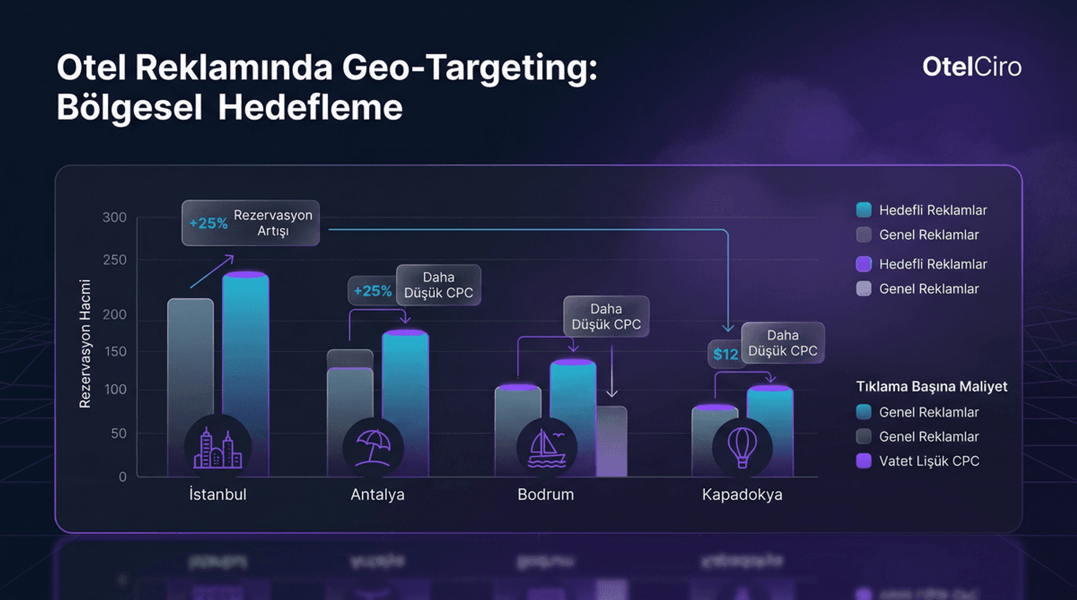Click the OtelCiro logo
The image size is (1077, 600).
click(972, 67)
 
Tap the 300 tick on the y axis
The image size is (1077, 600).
click(114, 218)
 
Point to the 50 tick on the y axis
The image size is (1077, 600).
click(118, 433)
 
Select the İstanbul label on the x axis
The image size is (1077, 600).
click(218, 495)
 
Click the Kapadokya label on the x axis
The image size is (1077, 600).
click(742, 495)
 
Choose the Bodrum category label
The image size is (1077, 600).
click(545, 495)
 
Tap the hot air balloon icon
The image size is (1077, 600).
click(742, 447)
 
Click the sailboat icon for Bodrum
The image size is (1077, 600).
click(546, 449)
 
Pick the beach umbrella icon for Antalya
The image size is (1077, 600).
click(373, 447)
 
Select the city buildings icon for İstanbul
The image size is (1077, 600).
click(218, 449)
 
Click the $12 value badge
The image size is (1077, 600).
click(725, 354)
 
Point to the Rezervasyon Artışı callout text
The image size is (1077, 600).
click(273, 223)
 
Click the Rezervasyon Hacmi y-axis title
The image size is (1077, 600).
click(85, 344)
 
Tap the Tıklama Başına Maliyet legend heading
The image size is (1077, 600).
click(931, 387)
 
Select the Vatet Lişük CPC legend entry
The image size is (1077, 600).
click(928, 461)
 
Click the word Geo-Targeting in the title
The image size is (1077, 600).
click(470, 68)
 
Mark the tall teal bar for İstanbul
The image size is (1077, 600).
click(246, 348)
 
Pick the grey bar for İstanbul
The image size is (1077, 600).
click(190, 359)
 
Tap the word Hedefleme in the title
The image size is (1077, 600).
click(310, 108)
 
